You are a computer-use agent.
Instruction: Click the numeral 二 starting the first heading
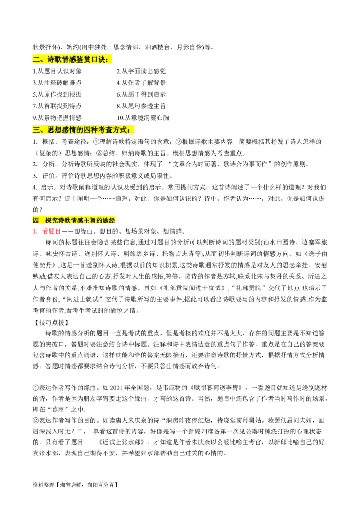point(36,59)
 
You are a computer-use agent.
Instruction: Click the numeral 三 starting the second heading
point(36,130)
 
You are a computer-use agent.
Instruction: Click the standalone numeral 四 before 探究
point(36,220)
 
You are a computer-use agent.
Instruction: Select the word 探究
point(51,220)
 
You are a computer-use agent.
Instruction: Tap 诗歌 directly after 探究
point(64,220)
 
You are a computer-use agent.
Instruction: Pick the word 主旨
point(90,220)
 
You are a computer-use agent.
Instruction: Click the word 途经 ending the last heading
point(109,220)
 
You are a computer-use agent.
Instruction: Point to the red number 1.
point(34,232)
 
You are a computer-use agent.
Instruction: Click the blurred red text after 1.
point(51,232)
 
